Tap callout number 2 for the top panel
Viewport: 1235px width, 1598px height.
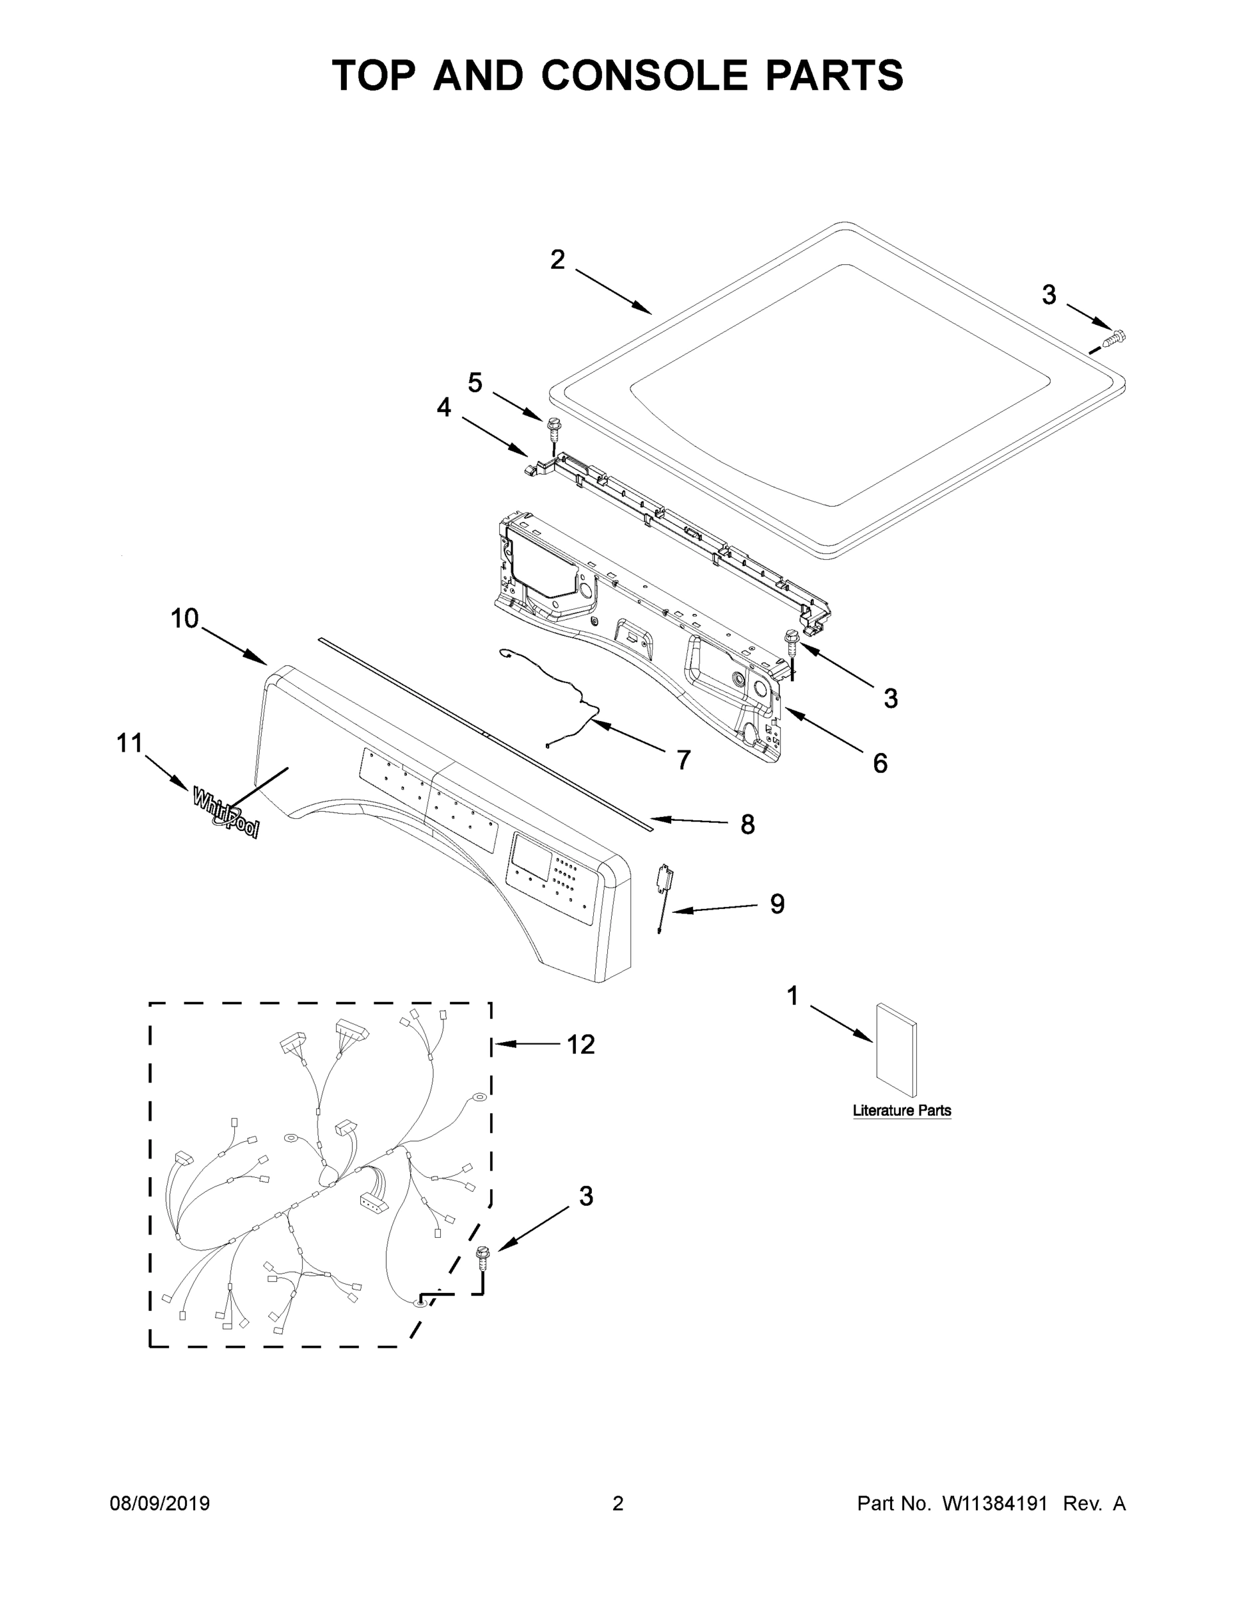coord(557,260)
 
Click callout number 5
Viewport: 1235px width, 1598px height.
coord(475,382)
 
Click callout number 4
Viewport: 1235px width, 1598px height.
coord(444,407)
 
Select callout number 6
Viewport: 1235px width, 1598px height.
coord(880,763)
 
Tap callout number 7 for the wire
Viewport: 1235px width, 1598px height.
coord(683,760)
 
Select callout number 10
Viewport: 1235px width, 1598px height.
coord(184,619)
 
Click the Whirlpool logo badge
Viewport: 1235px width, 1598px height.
coord(225,812)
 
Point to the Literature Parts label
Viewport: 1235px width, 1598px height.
coord(901,1110)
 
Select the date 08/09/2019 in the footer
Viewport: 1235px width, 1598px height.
coord(160,1503)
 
